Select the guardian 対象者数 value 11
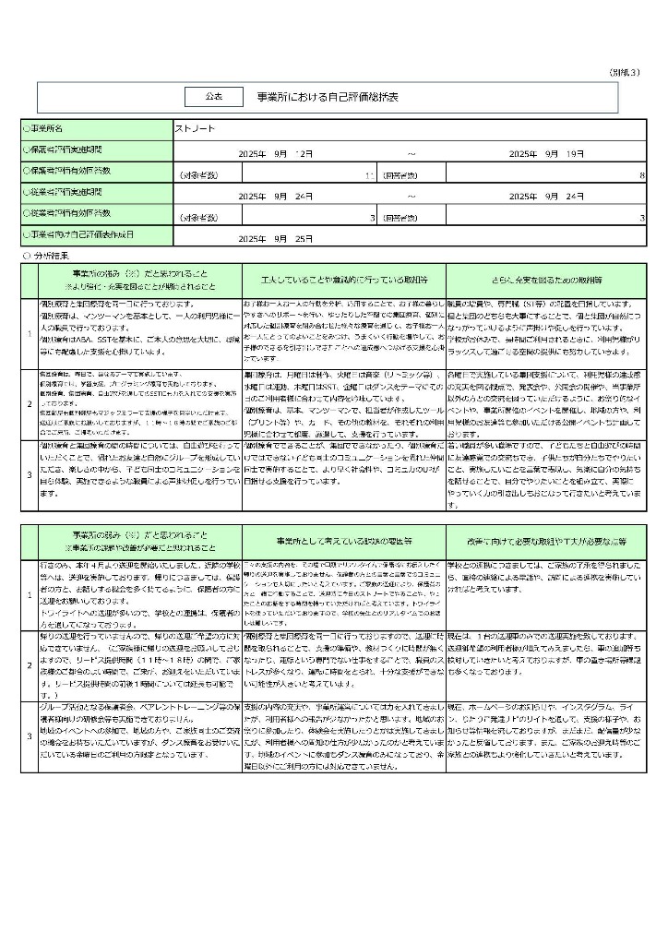pos(368,174)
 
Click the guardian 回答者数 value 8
pos(642,174)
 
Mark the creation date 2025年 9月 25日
pos(277,238)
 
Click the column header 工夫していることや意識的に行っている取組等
pos(343,278)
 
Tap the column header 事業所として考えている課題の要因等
pos(343,540)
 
